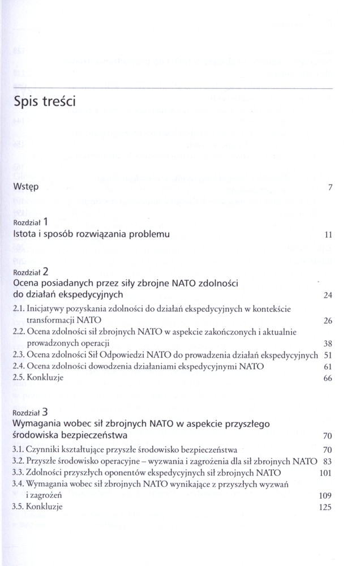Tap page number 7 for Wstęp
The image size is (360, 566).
click(x=329, y=188)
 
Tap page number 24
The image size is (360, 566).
click(x=326, y=295)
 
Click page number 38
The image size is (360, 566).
click(x=326, y=344)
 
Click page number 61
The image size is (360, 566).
click(x=326, y=367)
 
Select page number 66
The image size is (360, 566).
click(x=326, y=379)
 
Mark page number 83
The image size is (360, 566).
click(x=326, y=461)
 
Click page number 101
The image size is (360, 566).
click(x=324, y=473)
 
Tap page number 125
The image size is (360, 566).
click(x=324, y=508)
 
